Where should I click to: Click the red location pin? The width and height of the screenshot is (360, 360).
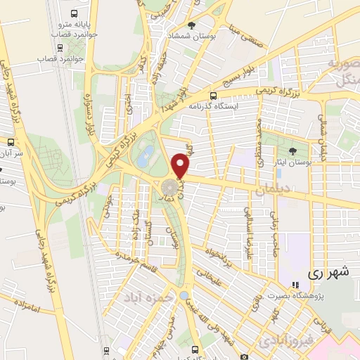181,166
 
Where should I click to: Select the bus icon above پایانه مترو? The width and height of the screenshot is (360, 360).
75,13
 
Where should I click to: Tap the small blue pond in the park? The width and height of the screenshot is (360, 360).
143,157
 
